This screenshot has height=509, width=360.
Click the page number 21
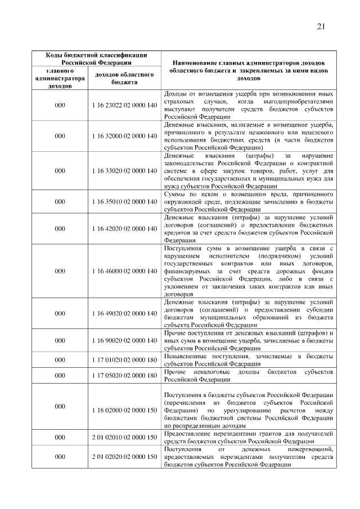(x=322, y=26)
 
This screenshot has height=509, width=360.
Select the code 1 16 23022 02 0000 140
(x=123, y=105)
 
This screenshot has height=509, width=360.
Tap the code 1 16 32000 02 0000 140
(x=123, y=136)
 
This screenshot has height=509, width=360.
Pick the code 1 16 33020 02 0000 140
(x=123, y=170)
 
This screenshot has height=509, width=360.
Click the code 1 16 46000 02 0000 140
(x=123, y=271)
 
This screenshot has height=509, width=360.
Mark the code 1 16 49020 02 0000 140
(x=123, y=313)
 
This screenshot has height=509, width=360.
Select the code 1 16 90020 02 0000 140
(x=123, y=340)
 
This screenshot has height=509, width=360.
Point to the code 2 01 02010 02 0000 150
(x=123, y=437)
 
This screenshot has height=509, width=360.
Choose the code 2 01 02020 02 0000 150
(x=123, y=457)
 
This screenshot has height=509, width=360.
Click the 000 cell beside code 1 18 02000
(x=60, y=406)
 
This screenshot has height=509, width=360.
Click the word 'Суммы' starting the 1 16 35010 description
(x=174, y=195)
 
